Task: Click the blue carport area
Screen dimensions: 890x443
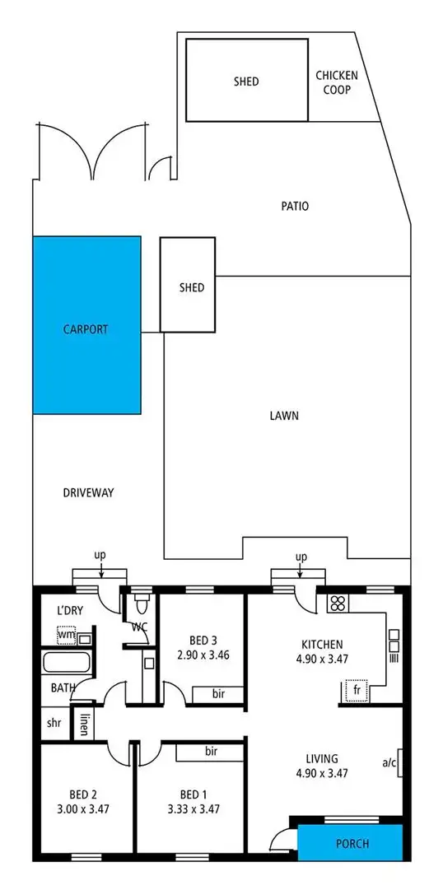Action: click(86, 325)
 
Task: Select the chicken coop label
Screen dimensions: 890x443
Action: click(337, 82)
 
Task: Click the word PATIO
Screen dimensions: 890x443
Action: click(294, 206)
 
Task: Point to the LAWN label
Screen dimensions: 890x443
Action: click(284, 416)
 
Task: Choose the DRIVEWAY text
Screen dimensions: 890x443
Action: click(88, 493)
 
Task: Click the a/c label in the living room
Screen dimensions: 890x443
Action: click(389, 762)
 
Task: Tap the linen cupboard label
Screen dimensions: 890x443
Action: click(84, 725)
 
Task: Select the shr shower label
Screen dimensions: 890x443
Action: click(54, 724)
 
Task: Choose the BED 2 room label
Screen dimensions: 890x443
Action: click(83, 794)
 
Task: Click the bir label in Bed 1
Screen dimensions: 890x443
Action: click(211, 751)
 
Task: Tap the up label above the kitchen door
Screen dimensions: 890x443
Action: click(301, 557)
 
